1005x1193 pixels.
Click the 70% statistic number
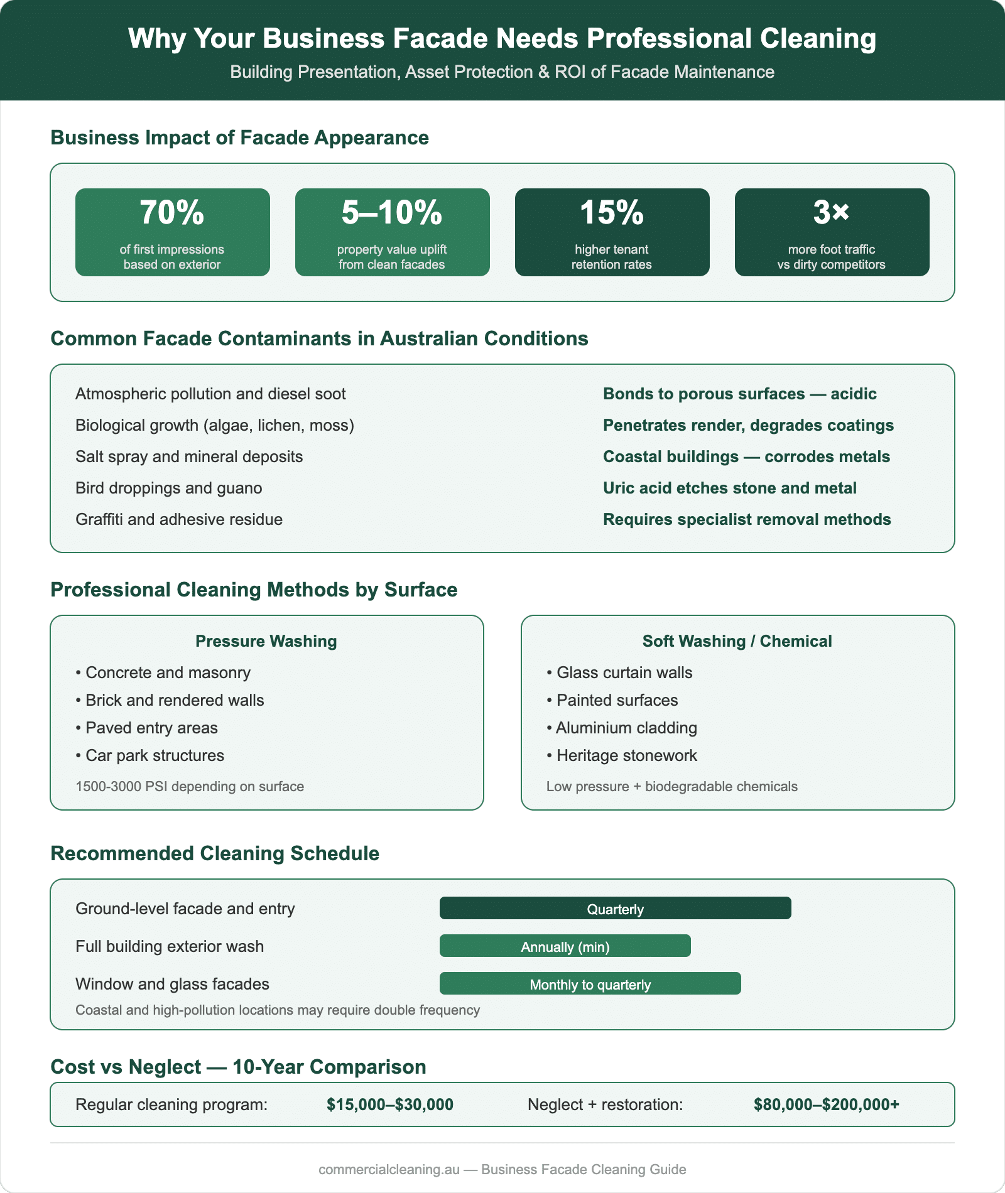172,213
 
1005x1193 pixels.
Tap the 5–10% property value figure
392,213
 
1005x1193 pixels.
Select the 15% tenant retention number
612,213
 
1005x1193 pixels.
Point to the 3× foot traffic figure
831,213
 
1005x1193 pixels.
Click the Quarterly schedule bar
615,909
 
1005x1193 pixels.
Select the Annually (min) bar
565,946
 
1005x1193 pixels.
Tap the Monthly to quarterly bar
590,984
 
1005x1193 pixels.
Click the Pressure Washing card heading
266,641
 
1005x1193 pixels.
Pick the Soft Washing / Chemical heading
737,641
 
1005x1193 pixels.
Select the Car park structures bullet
155,755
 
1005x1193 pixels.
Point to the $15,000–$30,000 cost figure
389,1104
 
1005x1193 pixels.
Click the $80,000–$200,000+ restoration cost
827,1104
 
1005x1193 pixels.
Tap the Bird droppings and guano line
169,488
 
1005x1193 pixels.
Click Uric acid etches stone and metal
729,488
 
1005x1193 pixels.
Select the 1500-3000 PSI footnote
190,787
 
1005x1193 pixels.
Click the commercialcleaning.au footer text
389,1170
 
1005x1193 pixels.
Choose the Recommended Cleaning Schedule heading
215,853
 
